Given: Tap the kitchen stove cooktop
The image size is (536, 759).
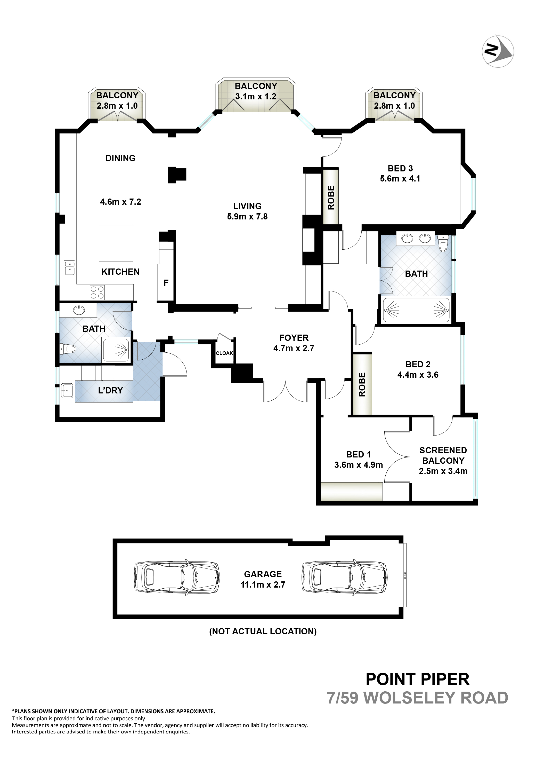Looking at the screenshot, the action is (x=97, y=292).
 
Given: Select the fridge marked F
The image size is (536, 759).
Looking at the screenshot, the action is (x=166, y=282).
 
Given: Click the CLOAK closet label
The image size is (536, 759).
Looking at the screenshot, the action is (x=225, y=353).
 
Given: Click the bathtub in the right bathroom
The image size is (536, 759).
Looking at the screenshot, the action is (x=416, y=310).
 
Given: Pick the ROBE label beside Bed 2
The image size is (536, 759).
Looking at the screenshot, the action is (x=362, y=384).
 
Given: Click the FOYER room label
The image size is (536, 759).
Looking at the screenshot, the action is (x=294, y=337).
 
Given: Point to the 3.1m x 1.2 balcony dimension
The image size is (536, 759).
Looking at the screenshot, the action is (x=256, y=97).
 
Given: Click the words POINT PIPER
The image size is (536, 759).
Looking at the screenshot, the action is (x=417, y=679).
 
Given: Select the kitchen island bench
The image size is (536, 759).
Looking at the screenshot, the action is (x=116, y=243).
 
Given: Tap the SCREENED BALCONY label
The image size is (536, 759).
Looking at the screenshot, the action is (x=443, y=455).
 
